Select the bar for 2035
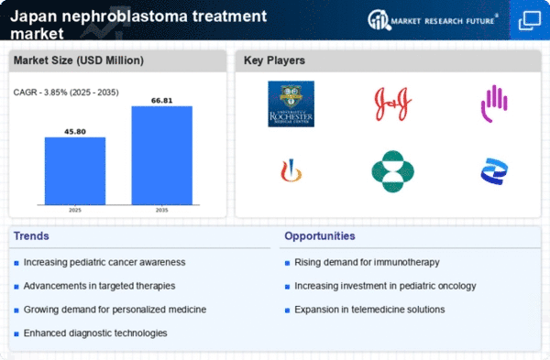[x=161, y=155]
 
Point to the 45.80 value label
[x=75, y=130]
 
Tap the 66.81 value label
[x=161, y=99]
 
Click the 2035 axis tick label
[x=161, y=210]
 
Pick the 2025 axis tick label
[x=75, y=210]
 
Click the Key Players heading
[x=274, y=61]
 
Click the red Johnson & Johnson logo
[x=392, y=103]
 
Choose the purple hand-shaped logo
[x=495, y=104]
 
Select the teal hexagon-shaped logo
[x=392, y=171]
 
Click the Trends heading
[x=33, y=236]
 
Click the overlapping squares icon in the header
[x=529, y=19]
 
